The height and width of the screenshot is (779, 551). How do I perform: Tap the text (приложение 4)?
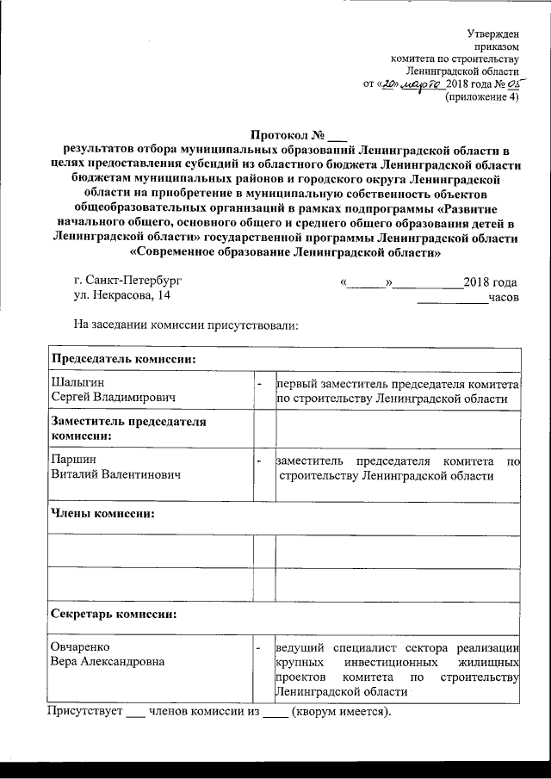tap(481, 98)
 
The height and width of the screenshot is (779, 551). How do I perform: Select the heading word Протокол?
tap(280, 136)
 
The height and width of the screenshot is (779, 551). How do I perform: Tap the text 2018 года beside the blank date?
tap(490, 281)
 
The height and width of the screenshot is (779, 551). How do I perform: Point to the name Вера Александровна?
tap(108, 661)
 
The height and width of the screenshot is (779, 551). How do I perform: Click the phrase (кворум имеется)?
tap(341, 713)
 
